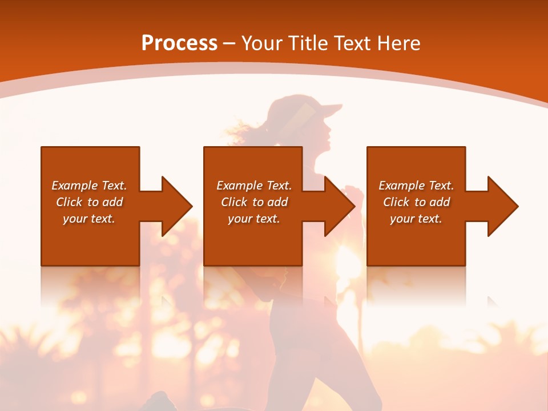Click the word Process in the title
click(179, 43)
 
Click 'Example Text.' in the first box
click(89, 186)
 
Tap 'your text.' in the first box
click(89, 219)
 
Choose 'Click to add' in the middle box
click(254, 202)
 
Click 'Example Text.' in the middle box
click(254, 186)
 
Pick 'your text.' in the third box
click(416, 219)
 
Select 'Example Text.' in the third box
click(416, 186)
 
